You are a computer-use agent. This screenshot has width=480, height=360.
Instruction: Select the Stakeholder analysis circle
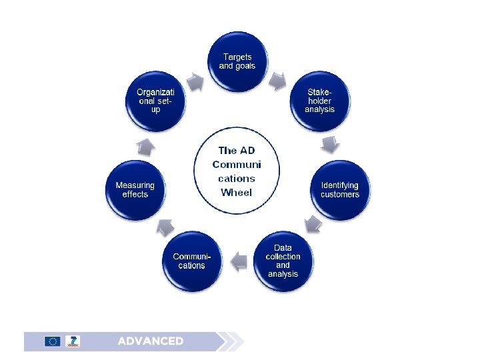pos(319,101)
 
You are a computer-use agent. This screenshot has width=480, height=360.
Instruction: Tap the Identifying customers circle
pos(339,190)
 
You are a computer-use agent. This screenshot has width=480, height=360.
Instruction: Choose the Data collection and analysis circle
pos(283,261)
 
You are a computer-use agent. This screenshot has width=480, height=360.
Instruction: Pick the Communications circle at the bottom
pos(191,261)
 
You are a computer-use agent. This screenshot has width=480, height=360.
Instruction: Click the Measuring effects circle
pos(135,190)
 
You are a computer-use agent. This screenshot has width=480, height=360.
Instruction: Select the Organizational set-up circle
pos(155,101)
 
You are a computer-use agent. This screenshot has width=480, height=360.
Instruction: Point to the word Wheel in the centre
pos(237,193)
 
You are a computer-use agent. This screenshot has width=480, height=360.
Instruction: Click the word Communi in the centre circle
pos(237,164)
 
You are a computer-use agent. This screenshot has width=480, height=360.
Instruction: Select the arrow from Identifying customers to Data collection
pos(312,225)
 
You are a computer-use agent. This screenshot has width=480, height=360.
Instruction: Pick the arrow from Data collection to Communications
pos(237,262)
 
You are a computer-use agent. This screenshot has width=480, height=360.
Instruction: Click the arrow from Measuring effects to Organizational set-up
pos(147,146)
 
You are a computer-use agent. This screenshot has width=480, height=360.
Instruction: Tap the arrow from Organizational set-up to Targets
pos(195,82)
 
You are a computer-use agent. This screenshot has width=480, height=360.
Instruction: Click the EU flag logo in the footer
pos(53,341)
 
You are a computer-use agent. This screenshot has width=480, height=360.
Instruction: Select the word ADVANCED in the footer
pos(151,341)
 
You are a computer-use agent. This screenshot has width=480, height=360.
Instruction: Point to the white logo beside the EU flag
pos(73,341)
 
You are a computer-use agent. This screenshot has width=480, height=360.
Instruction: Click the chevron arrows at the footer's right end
pos(231,341)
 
